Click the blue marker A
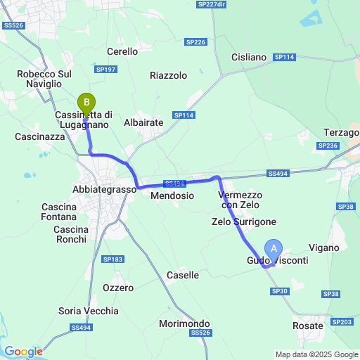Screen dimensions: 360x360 (274, 248)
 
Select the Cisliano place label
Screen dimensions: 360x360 (249, 57)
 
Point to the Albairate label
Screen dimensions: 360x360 (143, 122)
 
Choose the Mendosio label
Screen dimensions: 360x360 (172, 195)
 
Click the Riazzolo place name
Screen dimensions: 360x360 (169, 75)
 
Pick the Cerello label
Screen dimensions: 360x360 (122, 51)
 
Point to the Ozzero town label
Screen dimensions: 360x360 (118, 288)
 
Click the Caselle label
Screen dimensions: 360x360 (183, 276)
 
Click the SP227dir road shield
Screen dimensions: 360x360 (212, 4)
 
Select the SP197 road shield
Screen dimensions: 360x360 (105, 69)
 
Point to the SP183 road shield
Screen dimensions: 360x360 (113, 259)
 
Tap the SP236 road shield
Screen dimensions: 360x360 (328, 146)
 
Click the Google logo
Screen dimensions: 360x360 (23, 352)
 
